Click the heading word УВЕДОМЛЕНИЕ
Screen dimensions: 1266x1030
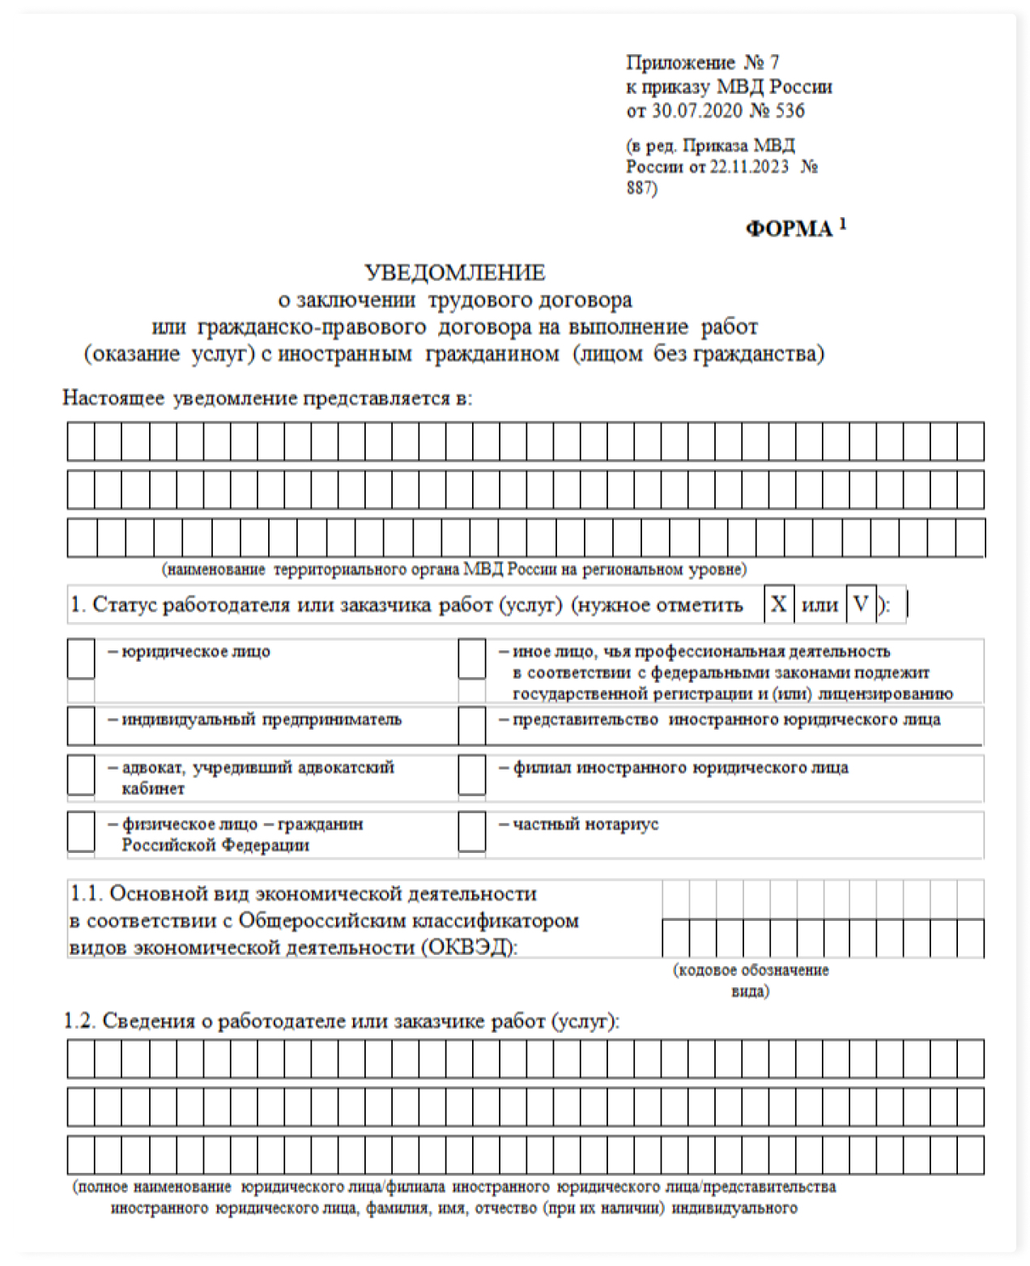(454, 272)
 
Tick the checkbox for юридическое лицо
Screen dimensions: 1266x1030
(81, 659)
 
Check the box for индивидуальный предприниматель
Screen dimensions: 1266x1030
(81, 725)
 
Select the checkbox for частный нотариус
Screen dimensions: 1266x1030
(472, 831)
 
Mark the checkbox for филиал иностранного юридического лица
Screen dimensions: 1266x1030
(472, 775)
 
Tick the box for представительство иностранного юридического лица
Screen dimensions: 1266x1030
(472, 725)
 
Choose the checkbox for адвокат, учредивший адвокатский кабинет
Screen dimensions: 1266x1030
(81, 775)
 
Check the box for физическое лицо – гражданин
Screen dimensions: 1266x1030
(81, 831)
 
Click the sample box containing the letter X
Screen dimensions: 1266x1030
(778, 604)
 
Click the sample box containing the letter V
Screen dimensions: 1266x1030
(861, 604)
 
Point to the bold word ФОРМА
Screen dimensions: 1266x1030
(789, 229)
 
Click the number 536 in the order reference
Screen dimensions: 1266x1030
(790, 110)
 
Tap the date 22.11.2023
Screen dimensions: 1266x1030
(749, 167)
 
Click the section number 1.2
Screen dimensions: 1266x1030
(79, 1021)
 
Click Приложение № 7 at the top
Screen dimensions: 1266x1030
(702, 62)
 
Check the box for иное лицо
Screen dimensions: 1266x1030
(472, 659)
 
